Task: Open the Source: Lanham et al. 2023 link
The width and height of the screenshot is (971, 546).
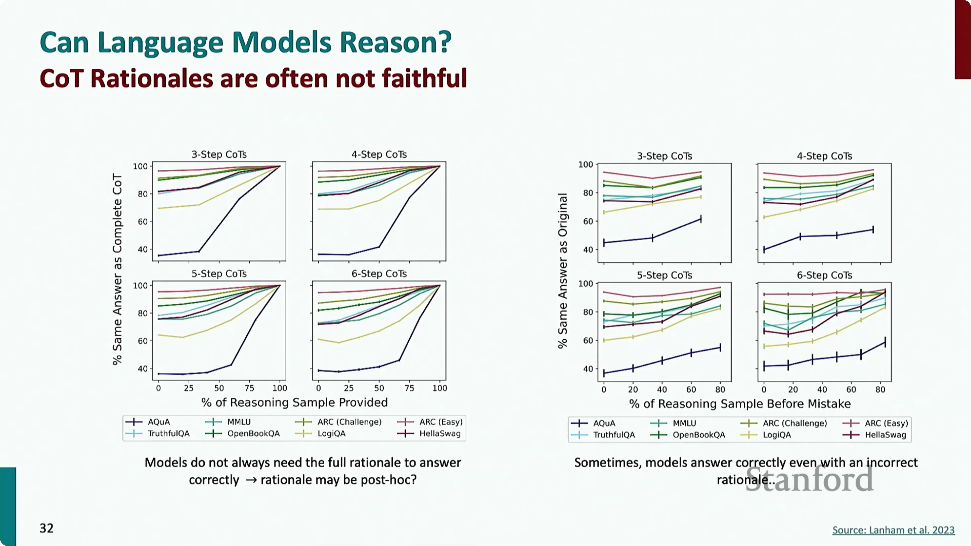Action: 893,530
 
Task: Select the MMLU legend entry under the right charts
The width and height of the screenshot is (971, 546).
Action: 673,423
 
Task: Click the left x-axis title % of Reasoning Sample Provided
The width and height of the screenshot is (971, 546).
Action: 294,402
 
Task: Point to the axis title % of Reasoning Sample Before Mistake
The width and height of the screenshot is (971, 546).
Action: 740,404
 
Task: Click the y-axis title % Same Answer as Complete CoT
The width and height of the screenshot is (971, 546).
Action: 117,269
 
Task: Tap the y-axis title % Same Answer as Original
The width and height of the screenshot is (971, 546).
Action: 562,271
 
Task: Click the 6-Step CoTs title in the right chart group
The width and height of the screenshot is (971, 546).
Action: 824,275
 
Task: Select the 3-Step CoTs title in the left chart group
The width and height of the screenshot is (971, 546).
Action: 219,154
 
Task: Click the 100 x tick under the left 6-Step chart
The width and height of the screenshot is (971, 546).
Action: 440,388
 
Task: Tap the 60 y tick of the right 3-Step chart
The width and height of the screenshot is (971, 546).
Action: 588,221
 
